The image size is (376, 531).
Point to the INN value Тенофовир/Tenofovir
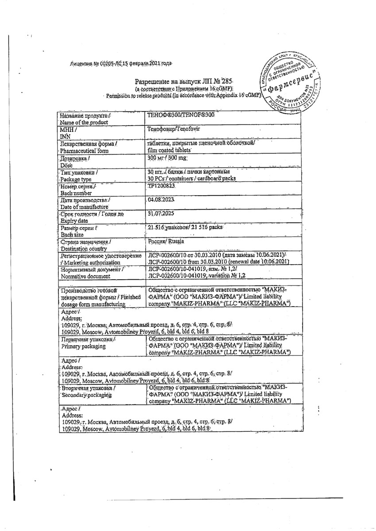click(174, 131)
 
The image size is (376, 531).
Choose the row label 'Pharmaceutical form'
click(85, 150)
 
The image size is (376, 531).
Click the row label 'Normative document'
click(85, 276)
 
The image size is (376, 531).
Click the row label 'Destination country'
click(84, 249)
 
